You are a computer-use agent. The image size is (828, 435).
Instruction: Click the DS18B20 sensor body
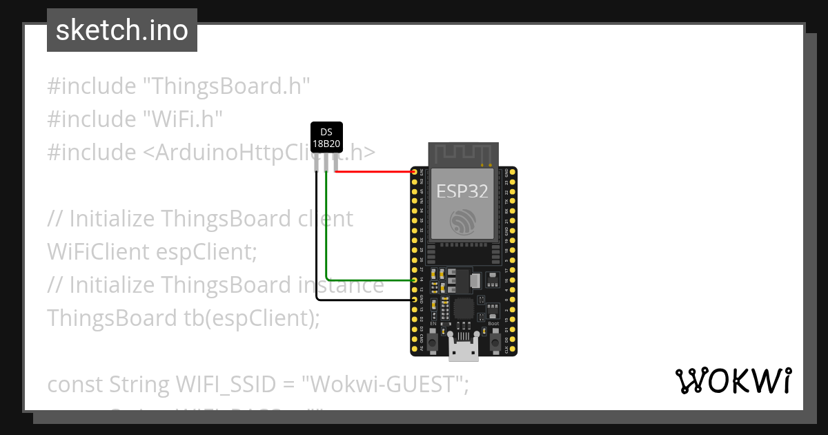[326, 137]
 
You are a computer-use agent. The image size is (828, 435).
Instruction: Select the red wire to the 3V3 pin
[376, 171]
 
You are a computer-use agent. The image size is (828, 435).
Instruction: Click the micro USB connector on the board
[464, 348]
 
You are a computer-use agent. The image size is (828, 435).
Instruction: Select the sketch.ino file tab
[122, 30]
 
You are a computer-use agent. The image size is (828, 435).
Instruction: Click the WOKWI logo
[733, 381]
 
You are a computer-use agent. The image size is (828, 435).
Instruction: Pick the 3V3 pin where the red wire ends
[415, 171]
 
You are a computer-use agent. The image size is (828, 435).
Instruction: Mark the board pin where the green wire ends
[415, 280]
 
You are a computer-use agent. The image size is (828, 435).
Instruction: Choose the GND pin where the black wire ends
[415, 300]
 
